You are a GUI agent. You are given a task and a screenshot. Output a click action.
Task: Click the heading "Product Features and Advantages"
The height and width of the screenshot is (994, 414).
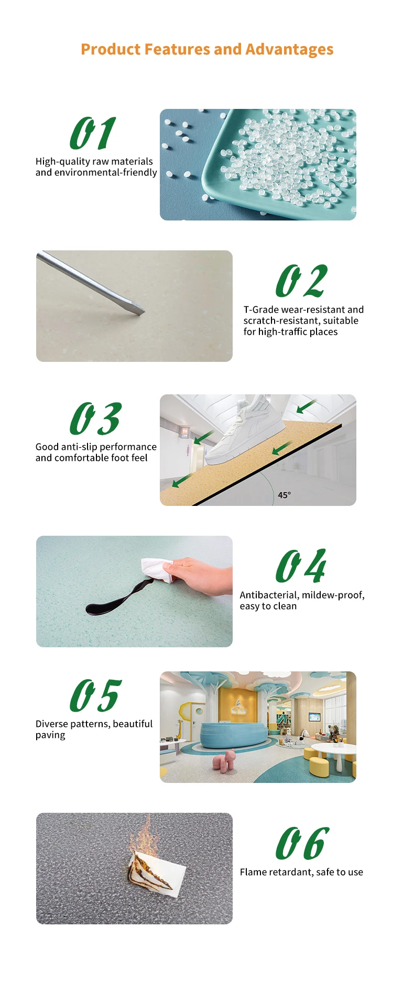click(x=207, y=49)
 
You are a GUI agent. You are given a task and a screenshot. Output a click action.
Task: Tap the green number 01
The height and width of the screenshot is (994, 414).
click(x=93, y=133)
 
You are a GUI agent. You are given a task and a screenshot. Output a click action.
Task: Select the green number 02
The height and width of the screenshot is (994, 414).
click(x=301, y=281)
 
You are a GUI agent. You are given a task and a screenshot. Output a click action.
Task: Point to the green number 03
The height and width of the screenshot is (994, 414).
click(x=95, y=418)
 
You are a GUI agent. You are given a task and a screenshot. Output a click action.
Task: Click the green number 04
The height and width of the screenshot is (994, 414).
click(x=301, y=566)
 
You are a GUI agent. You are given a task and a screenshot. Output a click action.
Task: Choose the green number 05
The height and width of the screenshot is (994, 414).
click(x=95, y=695)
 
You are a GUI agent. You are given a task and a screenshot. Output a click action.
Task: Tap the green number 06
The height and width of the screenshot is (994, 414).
click(x=302, y=843)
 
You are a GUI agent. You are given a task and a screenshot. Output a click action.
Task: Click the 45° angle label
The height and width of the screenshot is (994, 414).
click(x=285, y=495)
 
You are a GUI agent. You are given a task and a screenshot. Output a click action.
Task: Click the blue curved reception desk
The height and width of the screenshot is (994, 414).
click(x=234, y=733)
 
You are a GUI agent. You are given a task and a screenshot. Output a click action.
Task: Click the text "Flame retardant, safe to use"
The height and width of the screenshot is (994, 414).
click(x=301, y=872)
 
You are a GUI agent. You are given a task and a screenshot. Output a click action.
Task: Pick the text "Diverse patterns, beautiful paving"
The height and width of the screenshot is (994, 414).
click(x=94, y=729)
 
